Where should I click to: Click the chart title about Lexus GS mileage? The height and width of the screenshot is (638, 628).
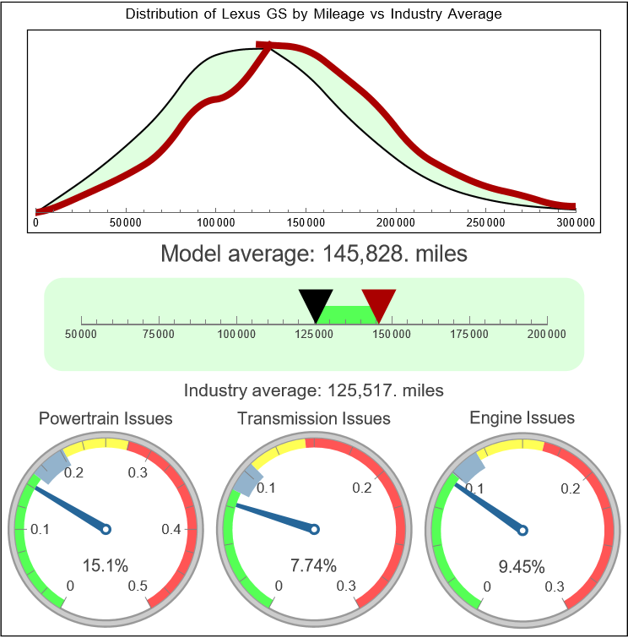(x=313, y=14)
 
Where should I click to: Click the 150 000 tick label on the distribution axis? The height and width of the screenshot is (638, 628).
(x=306, y=222)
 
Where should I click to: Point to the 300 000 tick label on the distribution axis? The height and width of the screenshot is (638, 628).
(x=576, y=222)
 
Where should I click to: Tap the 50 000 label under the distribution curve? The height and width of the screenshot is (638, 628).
(x=126, y=222)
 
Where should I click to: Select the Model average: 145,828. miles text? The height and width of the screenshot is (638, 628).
(x=313, y=254)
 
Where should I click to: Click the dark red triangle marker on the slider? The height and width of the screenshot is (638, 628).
(x=378, y=303)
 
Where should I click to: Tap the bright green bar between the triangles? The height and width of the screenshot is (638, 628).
(x=347, y=314)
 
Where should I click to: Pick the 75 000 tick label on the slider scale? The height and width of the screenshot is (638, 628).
(x=159, y=335)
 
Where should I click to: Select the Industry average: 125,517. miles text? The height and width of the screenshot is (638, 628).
(x=313, y=390)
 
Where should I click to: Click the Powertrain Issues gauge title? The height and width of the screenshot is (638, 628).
(x=106, y=418)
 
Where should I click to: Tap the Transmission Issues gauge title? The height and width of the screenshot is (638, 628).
(x=314, y=418)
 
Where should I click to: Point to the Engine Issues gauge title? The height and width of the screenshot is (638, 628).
(x=522, y=417)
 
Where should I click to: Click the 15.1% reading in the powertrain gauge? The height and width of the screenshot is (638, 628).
(x=105, y=564)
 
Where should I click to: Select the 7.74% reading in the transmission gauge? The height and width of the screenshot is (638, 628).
(x=313, y=564)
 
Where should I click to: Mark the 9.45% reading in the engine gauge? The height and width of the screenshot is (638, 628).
(x=522, y=565)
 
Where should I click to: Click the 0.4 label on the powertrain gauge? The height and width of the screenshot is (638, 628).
(x=171, y=530)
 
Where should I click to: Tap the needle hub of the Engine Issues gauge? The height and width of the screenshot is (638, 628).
(x=522, y=530)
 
